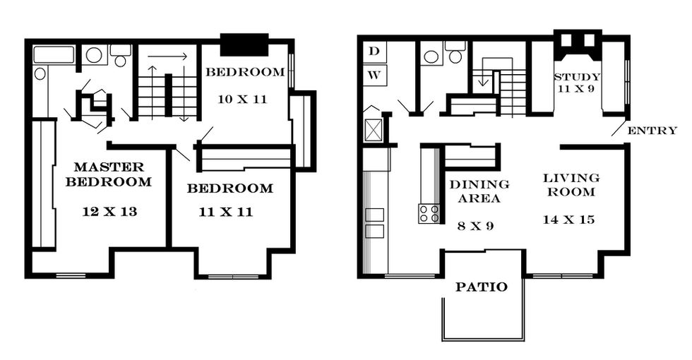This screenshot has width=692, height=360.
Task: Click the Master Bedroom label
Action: [109, 174]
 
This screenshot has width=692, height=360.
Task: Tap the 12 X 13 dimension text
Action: [109, 212]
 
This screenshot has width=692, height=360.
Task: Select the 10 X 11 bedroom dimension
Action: [242, 99]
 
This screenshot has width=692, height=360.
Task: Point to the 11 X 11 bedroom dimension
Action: [226, 212]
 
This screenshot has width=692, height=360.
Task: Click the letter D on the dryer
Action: [374, 51]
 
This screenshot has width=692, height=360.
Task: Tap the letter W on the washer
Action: [374, 75]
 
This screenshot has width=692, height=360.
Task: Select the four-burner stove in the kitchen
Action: [429, 213]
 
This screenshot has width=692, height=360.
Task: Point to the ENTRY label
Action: [652, 131]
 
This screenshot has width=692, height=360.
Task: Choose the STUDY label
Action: [577, 77]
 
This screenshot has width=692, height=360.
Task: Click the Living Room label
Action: [571, 185]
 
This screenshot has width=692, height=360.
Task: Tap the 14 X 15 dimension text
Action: [569, 220]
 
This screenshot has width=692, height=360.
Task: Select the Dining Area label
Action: [479, 191]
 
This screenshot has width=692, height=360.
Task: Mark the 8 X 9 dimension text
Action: [475, 227]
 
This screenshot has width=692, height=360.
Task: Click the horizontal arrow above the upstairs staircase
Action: [168, 56]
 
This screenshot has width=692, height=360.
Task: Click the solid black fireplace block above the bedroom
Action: [244, 44]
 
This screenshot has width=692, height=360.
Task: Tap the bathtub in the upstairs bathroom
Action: [55, 54]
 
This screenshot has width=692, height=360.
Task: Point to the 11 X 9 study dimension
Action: [576, 89]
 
